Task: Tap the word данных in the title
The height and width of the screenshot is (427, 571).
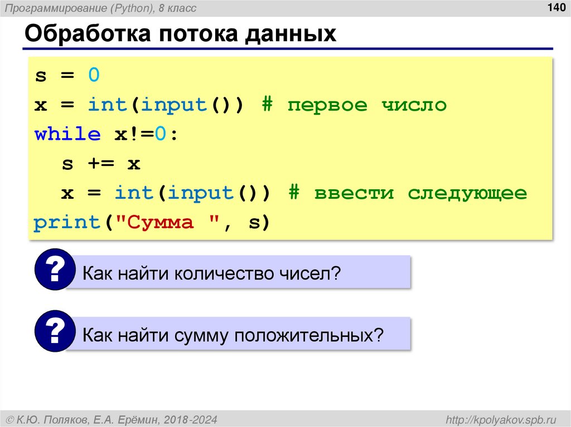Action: coord(289,34)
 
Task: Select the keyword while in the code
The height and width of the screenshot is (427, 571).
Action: coord(67,134)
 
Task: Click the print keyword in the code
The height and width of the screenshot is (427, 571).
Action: coord(67,223)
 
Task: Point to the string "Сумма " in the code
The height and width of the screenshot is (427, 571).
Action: coord(167,223)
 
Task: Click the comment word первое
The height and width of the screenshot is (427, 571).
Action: coord(327,105)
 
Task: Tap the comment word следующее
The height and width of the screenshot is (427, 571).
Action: coord(467,193)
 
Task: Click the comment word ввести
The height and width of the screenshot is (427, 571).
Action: coord(354,193)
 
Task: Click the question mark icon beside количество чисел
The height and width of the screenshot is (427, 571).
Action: coord(54,269)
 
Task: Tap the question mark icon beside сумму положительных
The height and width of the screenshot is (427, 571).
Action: coord(54,332)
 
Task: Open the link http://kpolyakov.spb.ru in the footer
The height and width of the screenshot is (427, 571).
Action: coord(501,419)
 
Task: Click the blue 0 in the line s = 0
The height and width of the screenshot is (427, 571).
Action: coord(94,75)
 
